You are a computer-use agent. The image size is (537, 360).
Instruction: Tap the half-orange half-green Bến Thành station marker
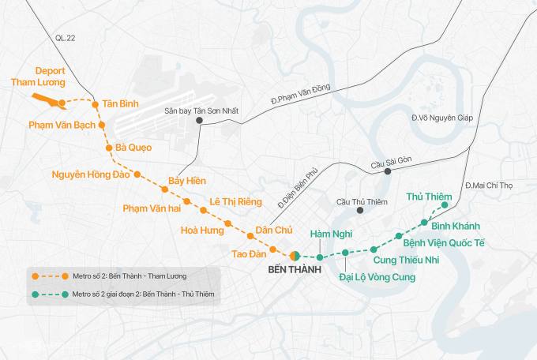coord(294,256)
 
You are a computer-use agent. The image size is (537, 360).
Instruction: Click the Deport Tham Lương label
coord(37,77)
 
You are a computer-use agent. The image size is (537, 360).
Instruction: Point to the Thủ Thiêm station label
coord(428,196)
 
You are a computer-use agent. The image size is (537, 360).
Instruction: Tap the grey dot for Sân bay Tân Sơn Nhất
coord(200,122)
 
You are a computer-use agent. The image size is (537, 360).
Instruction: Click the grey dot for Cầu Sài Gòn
coord(388,171)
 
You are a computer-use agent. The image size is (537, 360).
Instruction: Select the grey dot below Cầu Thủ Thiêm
coord(359,211)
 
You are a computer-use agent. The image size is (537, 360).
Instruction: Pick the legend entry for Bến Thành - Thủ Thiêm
coord(126,294)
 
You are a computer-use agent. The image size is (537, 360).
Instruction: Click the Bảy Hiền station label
coord(187,182)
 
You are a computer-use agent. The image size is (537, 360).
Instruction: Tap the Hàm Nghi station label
coord(329,234)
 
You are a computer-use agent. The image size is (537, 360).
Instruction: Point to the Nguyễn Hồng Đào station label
coord(90,174)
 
